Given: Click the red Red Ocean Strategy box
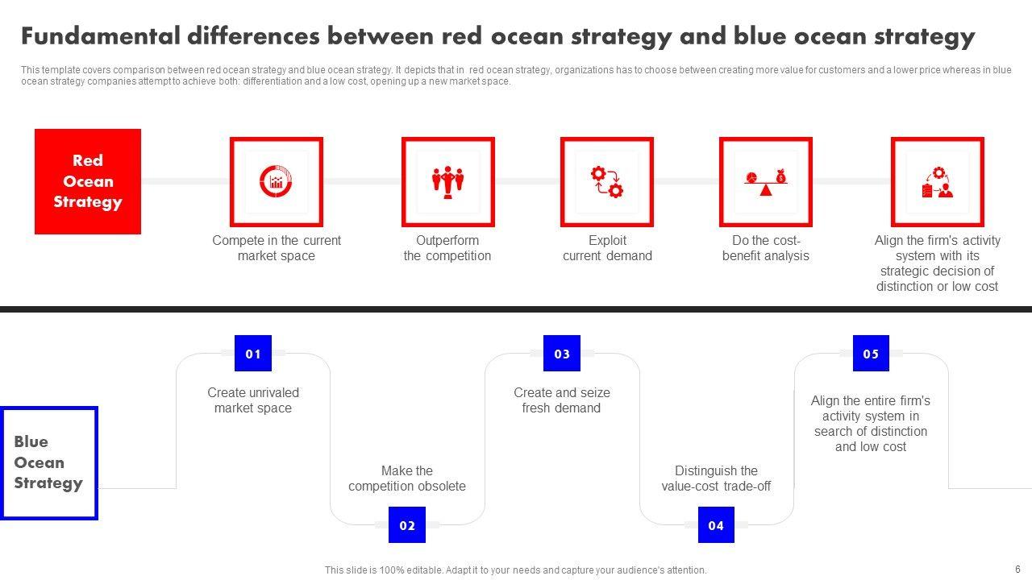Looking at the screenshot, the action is point(88,181).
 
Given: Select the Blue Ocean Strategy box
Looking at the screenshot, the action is point(49,462).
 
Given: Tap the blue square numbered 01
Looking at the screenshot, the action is point(253,353).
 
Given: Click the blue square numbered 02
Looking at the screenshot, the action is point(407,524).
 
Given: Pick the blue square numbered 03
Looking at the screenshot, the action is point(562,353).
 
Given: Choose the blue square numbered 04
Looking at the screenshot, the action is point(716,524).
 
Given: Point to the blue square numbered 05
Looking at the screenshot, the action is point(871,353).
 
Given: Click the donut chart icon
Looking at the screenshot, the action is point(276,181).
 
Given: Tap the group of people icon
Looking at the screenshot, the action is point(447,182).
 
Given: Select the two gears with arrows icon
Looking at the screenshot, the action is point(607,182).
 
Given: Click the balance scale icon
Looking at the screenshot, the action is point(766,182).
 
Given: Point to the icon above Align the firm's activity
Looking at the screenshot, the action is point(938,182).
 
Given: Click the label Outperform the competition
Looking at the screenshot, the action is point(447,248).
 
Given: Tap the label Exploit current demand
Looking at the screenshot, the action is point(607,248).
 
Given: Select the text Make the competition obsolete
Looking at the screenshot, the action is point(407,478).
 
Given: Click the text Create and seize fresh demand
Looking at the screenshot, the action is point(562,400).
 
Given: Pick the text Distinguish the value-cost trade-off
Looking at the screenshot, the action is point(716,478).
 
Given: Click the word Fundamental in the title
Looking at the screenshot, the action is point(101,36).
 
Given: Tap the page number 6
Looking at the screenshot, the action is point(1017,570).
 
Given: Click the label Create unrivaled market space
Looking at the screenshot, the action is point(253,400).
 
